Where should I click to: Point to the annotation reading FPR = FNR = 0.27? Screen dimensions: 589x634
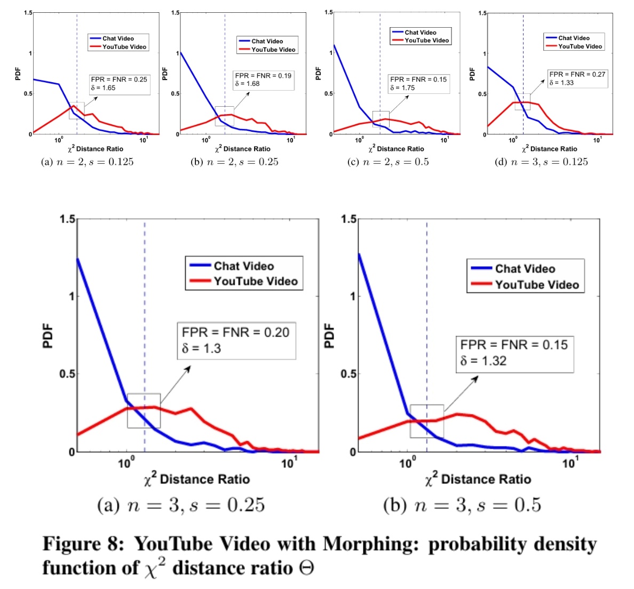click(x=577, y=74)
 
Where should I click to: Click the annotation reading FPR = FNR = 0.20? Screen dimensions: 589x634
click(x=236, y=332)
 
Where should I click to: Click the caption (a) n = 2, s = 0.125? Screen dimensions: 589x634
click(x=87, y=162)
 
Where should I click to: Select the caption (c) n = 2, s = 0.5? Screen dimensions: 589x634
click(x=388, y=162)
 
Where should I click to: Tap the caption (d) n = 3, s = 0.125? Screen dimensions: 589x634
click(x=542, y=162)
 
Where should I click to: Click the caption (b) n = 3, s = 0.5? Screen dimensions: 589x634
click(x=462, y=505)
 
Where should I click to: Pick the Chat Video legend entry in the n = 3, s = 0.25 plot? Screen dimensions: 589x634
click(x=244, y=266)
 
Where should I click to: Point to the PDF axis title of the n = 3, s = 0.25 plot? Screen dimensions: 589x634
click(x=48, y=335)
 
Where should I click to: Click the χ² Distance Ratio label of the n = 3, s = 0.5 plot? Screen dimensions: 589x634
click(x=478, y=479)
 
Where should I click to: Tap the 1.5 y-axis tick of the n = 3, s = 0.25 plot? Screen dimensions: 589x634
click(x=67, y=219)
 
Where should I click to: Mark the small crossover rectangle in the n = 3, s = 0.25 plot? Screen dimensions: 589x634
click(x=144, y=411)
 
